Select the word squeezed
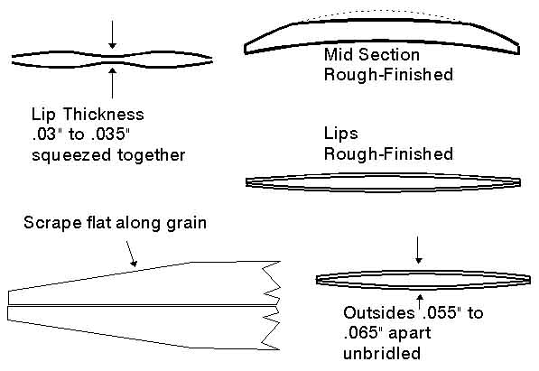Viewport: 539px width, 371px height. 71,155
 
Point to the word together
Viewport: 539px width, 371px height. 152,155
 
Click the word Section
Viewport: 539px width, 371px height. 389,55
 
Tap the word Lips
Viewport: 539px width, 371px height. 340,134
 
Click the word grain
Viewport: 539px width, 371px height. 186,224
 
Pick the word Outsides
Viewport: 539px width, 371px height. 379,313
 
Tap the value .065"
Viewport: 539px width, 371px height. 363,333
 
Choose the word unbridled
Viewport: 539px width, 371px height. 382,353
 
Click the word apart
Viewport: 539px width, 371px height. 409,334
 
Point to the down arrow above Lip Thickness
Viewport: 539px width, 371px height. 113,34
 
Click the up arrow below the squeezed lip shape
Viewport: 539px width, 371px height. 113,83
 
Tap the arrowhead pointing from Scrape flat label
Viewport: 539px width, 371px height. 134,264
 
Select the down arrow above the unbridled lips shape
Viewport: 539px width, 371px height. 418,250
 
